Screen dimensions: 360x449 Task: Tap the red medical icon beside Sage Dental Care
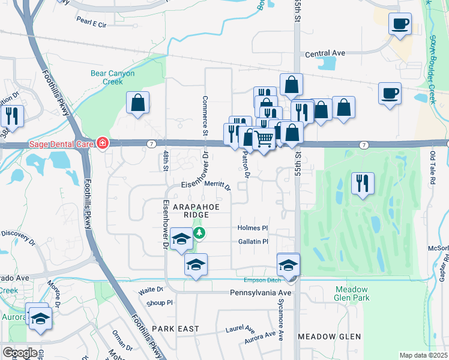[103, 143]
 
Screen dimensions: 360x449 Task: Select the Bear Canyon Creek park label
[112, 77]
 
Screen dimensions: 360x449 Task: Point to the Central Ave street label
[325, 53]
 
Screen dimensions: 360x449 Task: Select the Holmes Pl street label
[252, 228]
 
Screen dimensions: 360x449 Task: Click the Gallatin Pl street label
[252, 241]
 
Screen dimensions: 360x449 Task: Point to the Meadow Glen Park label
[352, 293]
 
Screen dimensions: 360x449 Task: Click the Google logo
[19, 352]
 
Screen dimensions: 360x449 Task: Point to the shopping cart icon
[264, 139]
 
